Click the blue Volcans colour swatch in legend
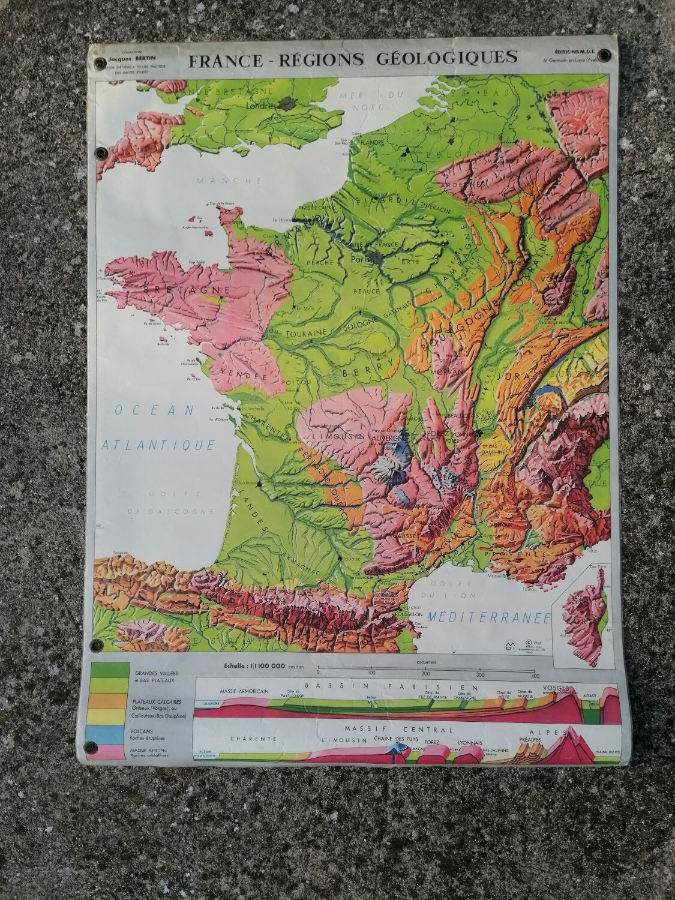(110, 733)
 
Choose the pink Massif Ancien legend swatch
(110, 752)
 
